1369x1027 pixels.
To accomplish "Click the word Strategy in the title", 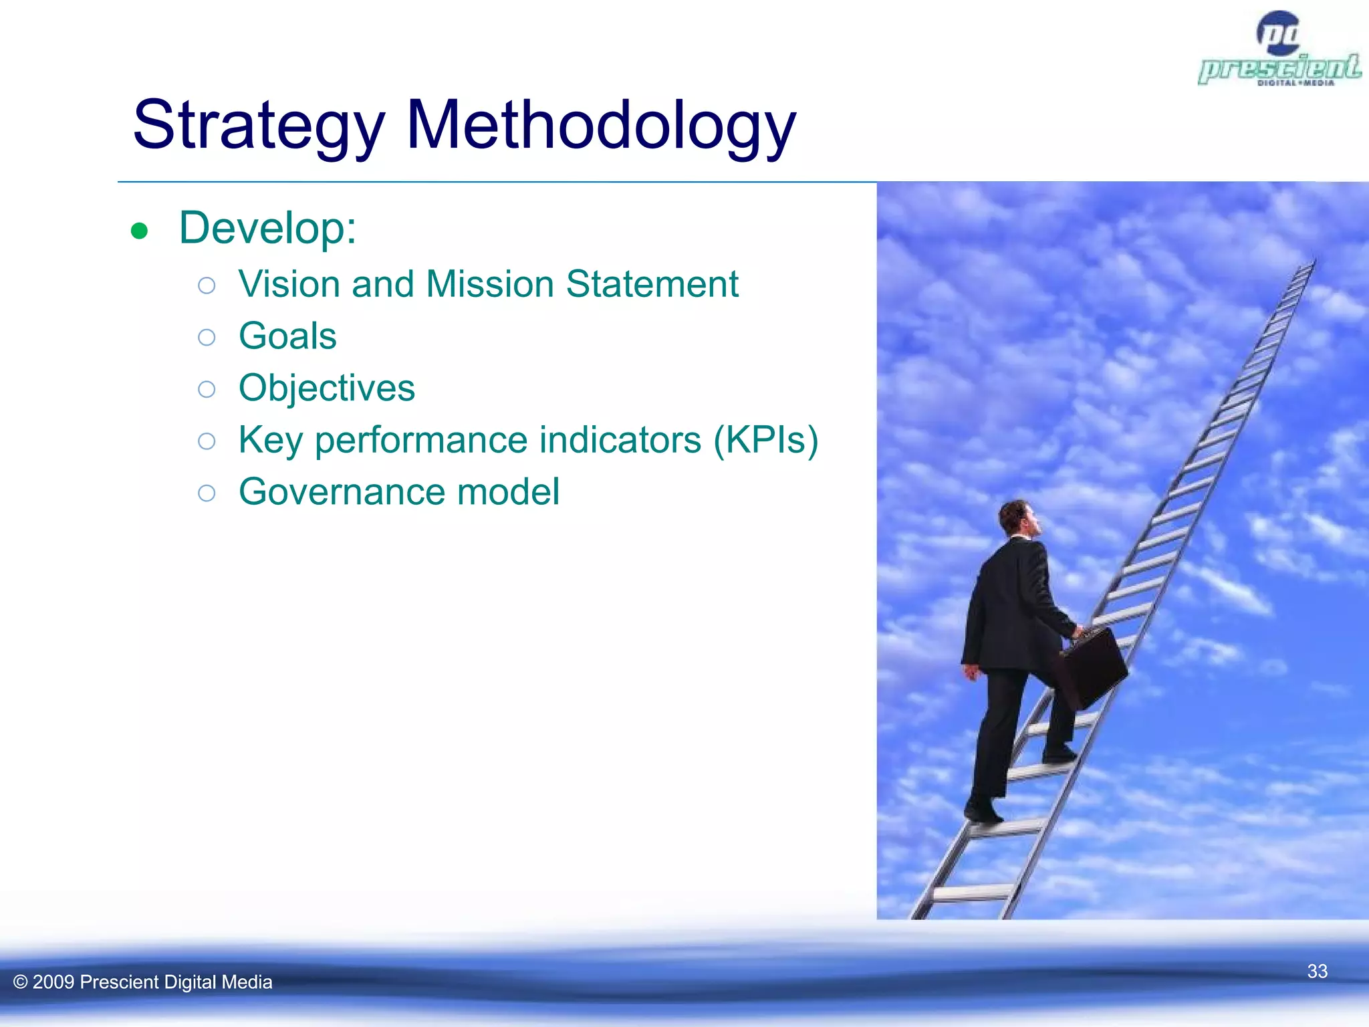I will (x=259, y=126).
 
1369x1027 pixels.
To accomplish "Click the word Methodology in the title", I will (x=600, y=126).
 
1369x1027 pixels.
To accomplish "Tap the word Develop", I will (x=267, y=228).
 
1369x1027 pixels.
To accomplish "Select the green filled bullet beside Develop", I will (x=139, y=231).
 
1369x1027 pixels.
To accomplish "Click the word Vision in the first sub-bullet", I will (x=289, y=283).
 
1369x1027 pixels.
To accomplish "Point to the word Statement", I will (x=652, y=283).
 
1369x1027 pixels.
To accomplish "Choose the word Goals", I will (x=287, y=336).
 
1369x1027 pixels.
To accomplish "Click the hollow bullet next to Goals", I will (x=207, y=337).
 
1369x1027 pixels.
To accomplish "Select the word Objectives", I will (x=326, y=388).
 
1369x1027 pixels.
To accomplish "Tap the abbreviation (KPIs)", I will (x=765, y=440).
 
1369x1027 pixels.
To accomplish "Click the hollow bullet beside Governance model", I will (x=207, y=493).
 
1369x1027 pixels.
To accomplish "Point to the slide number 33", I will (x=1317, y=971).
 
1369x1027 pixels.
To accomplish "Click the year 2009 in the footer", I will (x=53, y=982).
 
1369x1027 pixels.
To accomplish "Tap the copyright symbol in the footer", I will (x=20, y=982).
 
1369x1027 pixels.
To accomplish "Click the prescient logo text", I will (x=1279, y=68).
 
